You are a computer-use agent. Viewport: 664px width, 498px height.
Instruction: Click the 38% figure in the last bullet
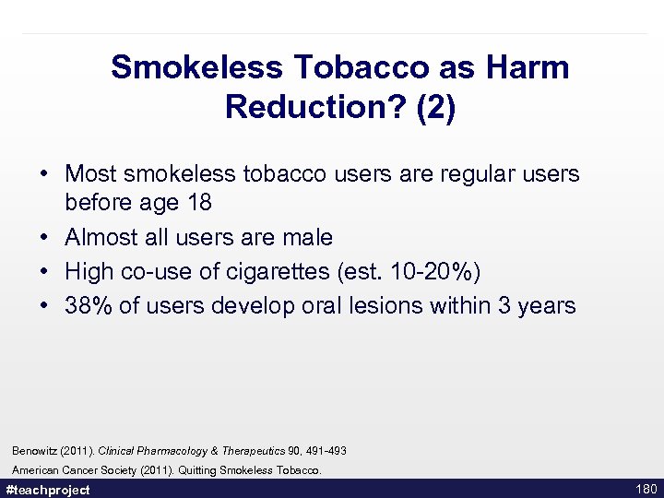click(89, 305)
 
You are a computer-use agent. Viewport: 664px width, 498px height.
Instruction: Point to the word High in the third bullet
click(89, 271)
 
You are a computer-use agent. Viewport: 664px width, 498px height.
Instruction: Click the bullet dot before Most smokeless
click(44, 173)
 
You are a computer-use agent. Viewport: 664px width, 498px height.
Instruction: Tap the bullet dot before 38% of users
click(44, 305)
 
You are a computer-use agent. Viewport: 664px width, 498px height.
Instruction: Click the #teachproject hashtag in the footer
click(48, 490)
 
